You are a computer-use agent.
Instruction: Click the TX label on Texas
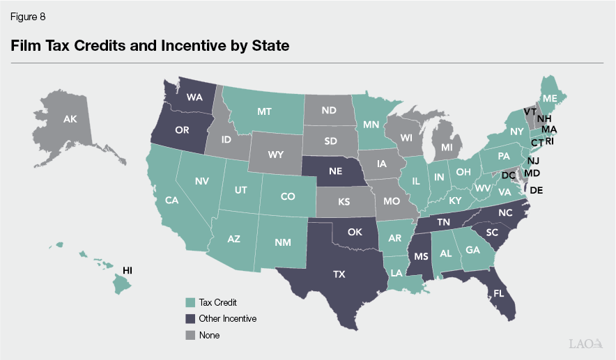[x=339, y=274]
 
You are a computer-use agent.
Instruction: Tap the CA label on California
[x=173, y=201]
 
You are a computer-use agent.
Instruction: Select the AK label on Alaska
[x=70, y=120]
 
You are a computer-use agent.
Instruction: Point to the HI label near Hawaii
[x=128, y=269]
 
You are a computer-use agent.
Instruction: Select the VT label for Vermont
[x=530, y=111]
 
